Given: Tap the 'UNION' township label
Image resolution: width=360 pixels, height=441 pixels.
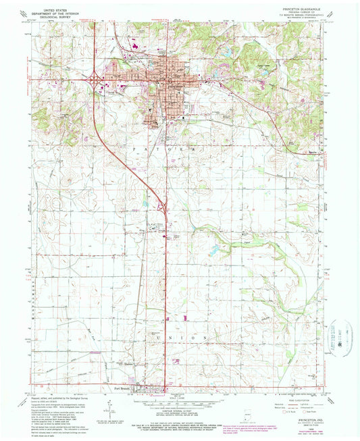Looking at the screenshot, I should [184, 337].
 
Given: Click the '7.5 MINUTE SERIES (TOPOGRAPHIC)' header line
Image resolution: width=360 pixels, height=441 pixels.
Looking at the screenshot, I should [295, 20].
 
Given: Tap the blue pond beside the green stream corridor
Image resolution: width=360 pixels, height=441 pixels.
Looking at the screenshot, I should [214, 251].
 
